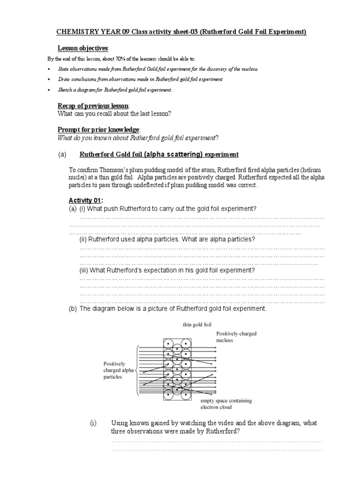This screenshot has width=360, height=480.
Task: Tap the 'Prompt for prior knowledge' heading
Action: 98,129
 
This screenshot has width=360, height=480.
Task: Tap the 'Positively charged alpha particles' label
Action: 119,370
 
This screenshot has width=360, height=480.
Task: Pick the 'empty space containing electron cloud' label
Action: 226,404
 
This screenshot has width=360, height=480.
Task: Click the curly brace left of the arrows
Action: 136,370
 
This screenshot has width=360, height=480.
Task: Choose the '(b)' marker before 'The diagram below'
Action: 73,309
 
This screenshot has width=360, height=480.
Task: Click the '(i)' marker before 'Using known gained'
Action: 93,423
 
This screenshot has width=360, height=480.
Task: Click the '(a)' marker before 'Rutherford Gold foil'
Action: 62,155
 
